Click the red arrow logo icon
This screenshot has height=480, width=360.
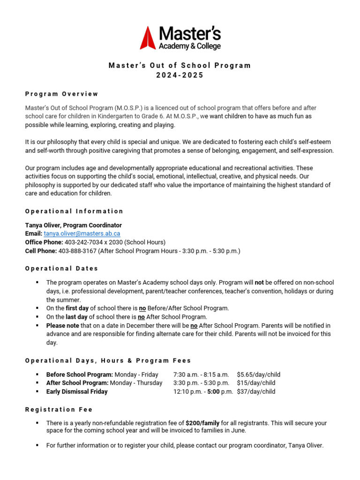coord(148,38)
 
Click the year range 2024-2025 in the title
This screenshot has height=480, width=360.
coord(180,75)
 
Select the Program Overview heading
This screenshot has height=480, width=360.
coord(62,94)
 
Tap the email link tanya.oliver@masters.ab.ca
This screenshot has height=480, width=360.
coord(82,233)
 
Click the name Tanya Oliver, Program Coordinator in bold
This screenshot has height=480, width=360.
coord(73,225)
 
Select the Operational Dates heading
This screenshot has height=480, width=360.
coord(62,269)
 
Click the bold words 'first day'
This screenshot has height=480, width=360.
coord(77,308)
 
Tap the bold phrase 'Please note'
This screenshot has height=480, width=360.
coord(62,325)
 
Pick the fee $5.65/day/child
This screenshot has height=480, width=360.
coord(258,375)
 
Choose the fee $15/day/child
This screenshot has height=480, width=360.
coord(256,383)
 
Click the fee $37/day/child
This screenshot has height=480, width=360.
coord(256,391)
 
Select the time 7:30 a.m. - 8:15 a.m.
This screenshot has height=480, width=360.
coord(201,375)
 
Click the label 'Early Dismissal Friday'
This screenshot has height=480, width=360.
coord(77,391)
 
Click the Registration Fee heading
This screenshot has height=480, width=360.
coord(59,409)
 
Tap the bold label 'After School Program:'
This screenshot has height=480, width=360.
coord(77,383)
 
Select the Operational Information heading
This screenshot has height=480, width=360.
coord(74,211)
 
